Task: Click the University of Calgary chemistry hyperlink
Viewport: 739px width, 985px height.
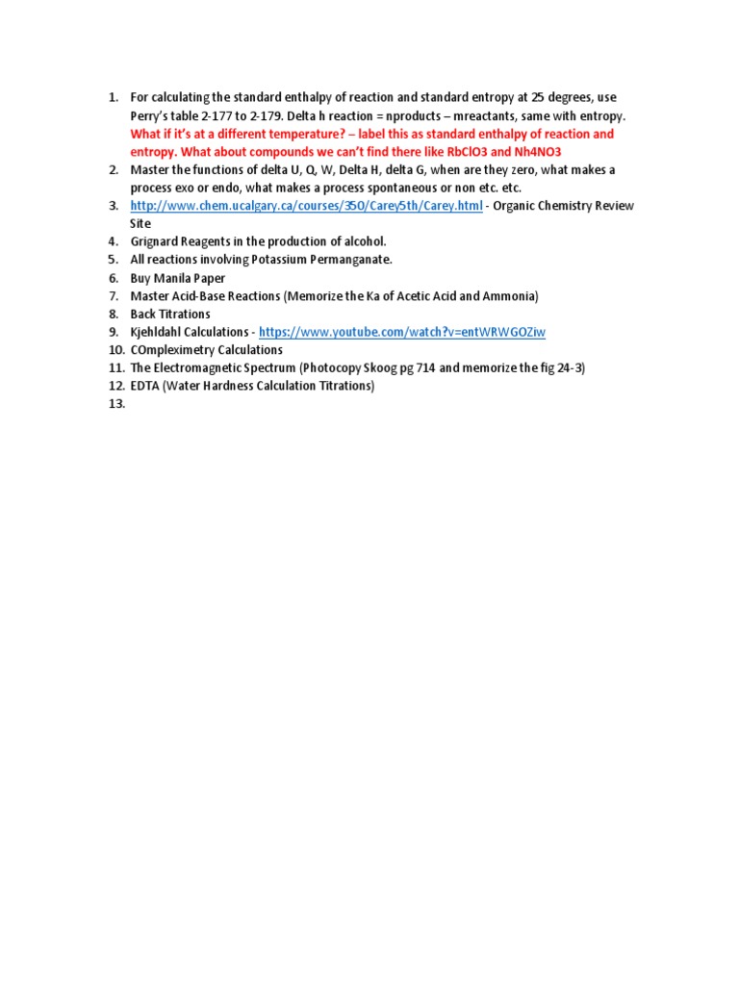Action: click(306, 206)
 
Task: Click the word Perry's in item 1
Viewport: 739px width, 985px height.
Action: click(152, 115)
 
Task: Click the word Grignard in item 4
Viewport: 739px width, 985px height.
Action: click(154, 241)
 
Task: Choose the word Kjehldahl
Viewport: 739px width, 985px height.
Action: click(159, 332)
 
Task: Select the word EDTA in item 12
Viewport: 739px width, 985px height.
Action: click(144, 386)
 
